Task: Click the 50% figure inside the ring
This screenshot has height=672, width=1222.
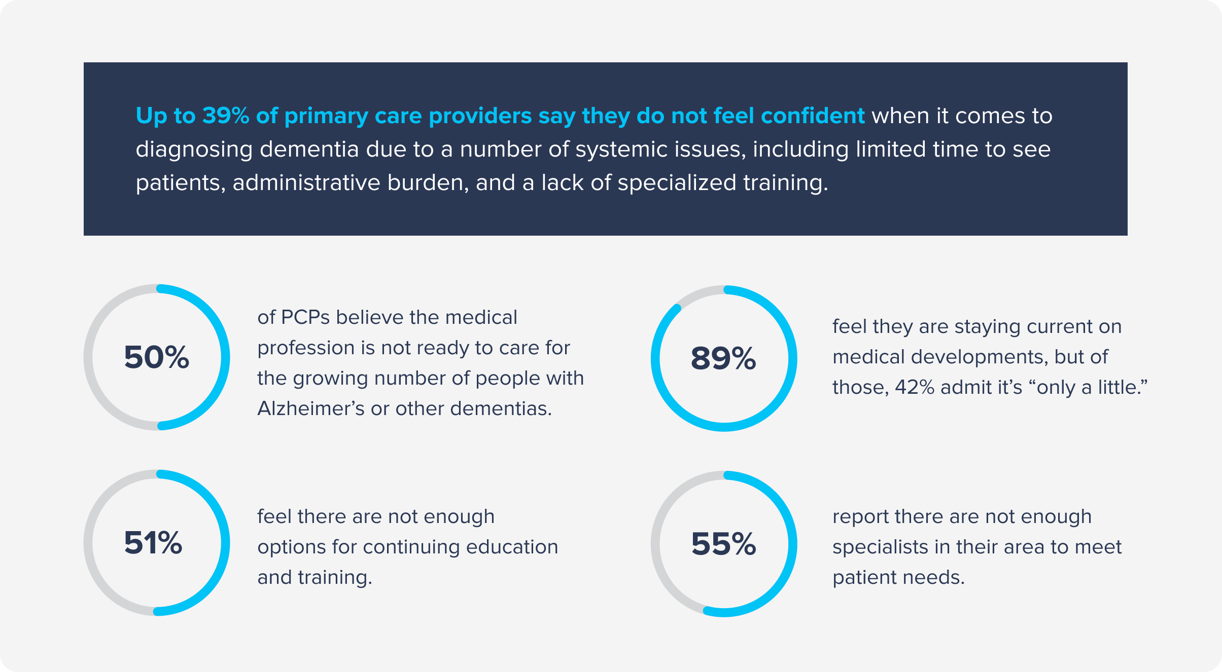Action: (x=156, y=357)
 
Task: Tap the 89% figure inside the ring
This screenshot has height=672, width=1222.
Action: (x=723, y=358)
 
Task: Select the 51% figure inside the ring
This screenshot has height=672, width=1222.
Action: (x=153, y=543)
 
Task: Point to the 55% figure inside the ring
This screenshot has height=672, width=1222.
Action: (x=723, y=544)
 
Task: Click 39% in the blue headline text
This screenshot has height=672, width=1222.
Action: (x=226, y=116)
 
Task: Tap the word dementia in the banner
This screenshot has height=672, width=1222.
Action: (x=309, y=149)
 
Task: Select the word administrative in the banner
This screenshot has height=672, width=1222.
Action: (x=306, y=182)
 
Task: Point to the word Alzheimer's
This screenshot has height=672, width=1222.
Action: (x=310, y=408)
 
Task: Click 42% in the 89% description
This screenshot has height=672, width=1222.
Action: (x=915, y=387)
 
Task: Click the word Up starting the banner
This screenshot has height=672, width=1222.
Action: (x=152, y=116)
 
